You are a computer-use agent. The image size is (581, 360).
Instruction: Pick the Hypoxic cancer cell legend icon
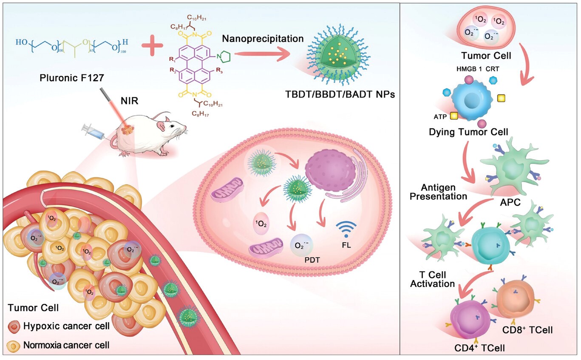pos(14,327)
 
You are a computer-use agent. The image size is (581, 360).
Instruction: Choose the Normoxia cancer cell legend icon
pos(14,345)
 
